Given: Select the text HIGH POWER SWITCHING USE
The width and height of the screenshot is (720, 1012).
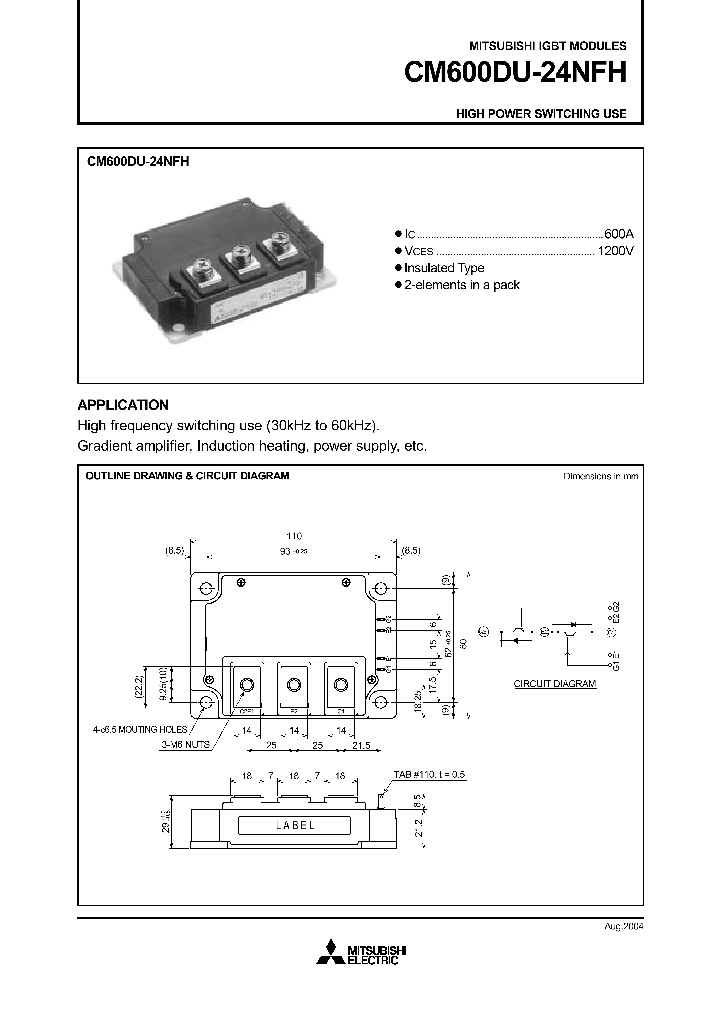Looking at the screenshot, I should (541, 114).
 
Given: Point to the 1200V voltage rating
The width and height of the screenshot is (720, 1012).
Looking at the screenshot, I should (615, 250).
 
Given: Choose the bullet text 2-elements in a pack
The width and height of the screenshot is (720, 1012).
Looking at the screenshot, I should (462, 285).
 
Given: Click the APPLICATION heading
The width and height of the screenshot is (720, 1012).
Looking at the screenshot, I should (123, 405).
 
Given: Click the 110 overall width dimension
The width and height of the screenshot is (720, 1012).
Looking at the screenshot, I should (293, 537).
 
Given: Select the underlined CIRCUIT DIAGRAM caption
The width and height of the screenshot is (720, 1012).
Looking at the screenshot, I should (555, 684).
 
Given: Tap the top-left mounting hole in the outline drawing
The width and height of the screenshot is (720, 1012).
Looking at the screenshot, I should (205, 588).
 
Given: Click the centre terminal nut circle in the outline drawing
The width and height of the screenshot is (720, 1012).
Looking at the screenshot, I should (293, 685).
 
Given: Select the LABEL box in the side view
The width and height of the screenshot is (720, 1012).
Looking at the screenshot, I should (292, 825).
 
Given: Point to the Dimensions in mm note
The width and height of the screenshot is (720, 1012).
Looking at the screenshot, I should (600, 476).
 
